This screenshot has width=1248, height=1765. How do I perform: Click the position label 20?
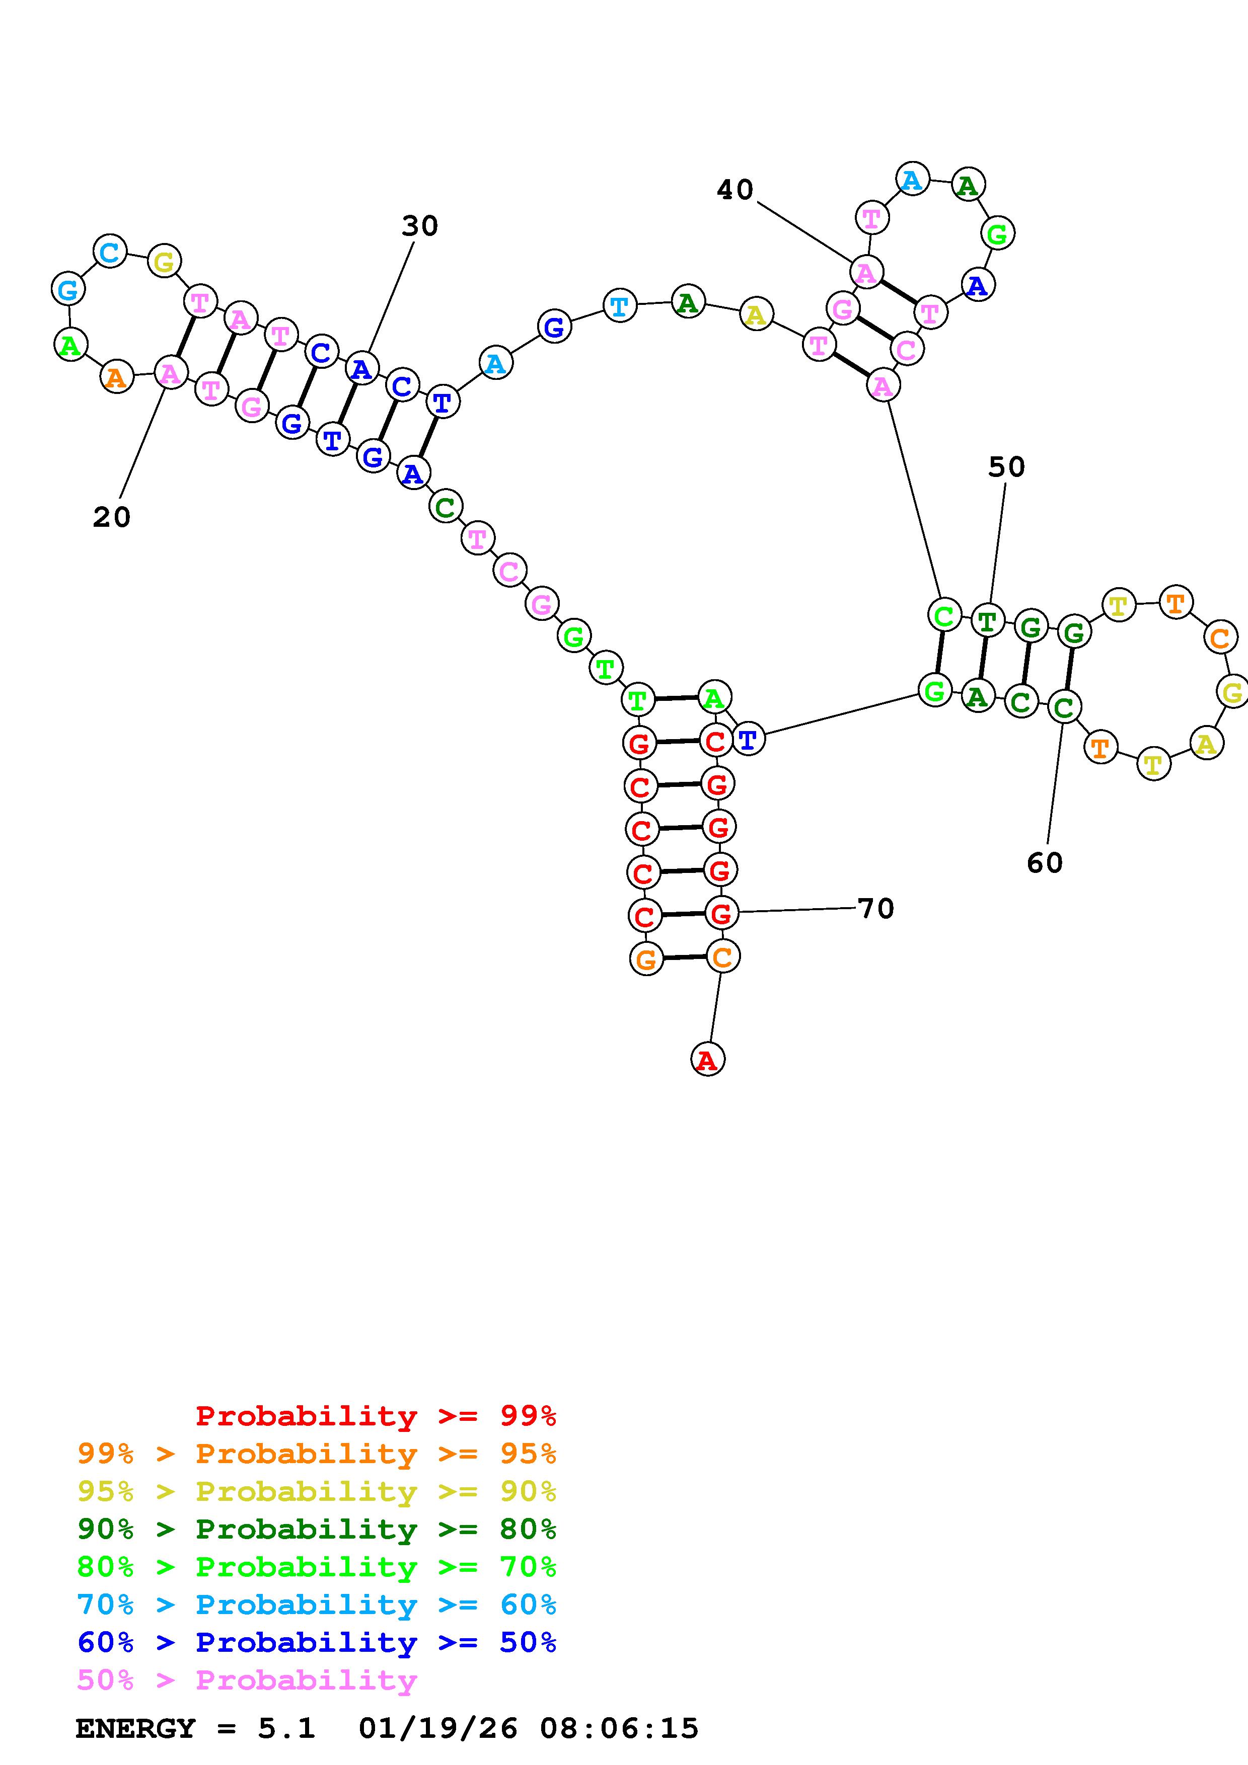point(111,517)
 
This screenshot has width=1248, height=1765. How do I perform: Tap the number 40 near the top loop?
point(735,190)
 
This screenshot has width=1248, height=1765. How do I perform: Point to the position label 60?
point(1044,862)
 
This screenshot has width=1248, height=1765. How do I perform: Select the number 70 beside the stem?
point(876,909)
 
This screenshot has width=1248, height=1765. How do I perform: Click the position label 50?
point(1006,466)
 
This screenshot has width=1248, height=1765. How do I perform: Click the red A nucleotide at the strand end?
point(707,1059)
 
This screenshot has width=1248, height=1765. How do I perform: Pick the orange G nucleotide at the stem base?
point(646,958)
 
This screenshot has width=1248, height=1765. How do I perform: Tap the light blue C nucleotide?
point(109,252)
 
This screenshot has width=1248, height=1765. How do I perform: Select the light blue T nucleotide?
point(619,306)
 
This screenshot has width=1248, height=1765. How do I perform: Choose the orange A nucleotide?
point(116,377)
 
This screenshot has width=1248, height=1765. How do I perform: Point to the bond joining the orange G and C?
point(684,957)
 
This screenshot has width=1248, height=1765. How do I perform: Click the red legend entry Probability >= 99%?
point(375,1416)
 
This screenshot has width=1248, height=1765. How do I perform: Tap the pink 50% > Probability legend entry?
point(247,1680)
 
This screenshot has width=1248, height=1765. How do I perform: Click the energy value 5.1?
point(286,1729)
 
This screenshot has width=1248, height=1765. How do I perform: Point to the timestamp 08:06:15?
point(619,1729)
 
